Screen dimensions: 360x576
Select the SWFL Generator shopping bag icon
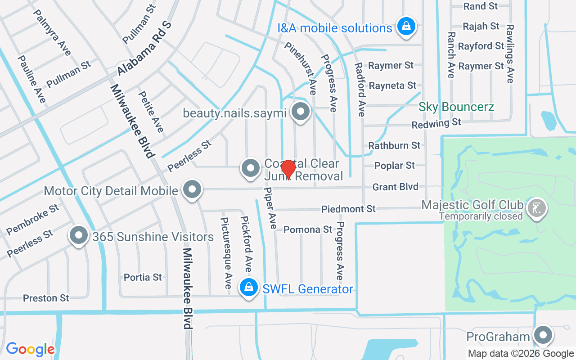tap(248, 287)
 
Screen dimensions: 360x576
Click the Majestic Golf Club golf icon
tap(537, 207)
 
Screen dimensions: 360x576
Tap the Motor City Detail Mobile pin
tap(193, 189)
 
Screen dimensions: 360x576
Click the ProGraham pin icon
tap(543, 335)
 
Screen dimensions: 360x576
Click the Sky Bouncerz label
tap(456, 107)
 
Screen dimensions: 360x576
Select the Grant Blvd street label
tap(396, 187)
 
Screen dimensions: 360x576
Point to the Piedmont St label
tap(348, 209)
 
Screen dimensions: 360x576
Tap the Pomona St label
tap(308, 229)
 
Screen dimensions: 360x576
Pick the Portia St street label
tap(143, 277)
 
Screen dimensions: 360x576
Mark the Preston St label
tap(46, 298)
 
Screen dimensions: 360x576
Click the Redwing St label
tap(436, 123)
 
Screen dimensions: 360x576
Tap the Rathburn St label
tap(394, 145)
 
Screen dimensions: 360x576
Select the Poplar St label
tap(395, 166)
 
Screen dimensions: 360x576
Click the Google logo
tap(30, 349)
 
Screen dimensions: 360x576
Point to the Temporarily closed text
tap(481, 216)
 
